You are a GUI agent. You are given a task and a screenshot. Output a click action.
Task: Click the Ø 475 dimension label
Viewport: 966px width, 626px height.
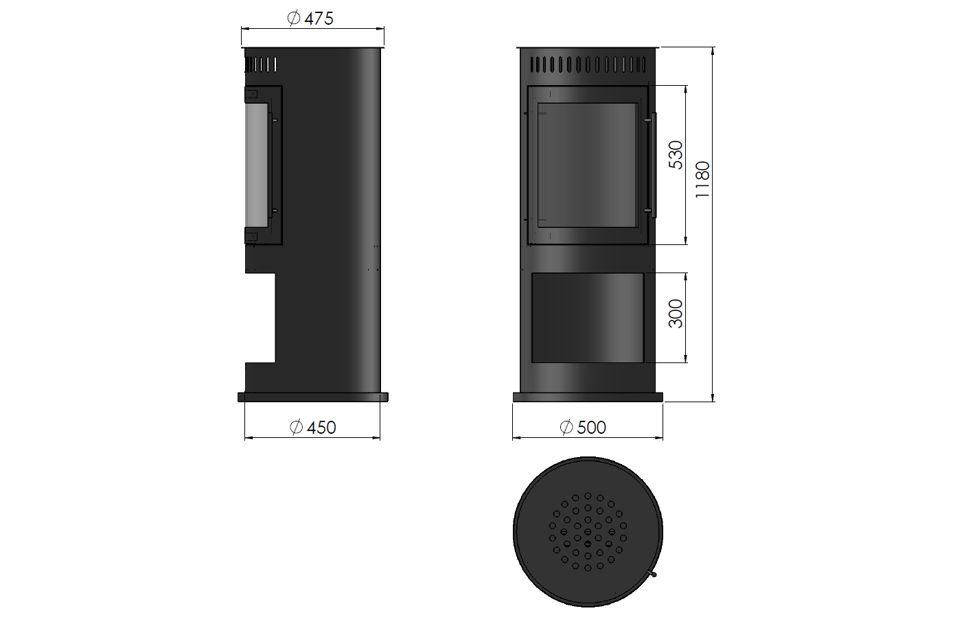[311, 19]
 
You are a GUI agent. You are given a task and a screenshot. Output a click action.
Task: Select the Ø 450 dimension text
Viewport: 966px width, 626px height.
[313, 428]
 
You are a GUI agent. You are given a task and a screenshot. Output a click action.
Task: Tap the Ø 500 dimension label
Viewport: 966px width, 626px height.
[583, 428]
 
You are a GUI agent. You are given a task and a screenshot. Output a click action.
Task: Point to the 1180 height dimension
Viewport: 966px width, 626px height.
[702, 180]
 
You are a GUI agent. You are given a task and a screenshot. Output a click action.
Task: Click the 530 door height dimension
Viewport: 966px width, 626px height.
[676, 155]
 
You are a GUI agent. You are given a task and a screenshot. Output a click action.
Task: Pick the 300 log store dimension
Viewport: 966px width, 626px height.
[676, 314]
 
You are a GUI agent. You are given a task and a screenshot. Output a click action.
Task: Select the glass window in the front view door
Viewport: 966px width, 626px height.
[587, 165]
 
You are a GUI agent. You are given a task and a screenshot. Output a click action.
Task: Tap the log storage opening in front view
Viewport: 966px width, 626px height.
[588, 317]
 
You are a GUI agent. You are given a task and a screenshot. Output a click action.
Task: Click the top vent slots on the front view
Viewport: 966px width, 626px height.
[588, 65]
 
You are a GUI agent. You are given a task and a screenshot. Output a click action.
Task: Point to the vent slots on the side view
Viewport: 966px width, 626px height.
[261, 65]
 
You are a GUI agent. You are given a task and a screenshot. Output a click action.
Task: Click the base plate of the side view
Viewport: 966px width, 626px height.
[313, 397]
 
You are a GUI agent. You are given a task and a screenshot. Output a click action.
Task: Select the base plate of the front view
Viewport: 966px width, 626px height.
[588, 397]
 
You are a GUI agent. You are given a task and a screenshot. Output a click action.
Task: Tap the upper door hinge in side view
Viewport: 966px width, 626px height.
[251, 93]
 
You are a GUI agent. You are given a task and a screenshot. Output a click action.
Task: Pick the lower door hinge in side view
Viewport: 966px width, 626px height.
[251, 237]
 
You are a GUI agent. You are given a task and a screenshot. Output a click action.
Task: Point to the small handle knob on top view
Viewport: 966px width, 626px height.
[655, 574]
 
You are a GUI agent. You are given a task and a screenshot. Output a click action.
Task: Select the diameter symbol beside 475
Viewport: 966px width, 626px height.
[294, 19]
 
